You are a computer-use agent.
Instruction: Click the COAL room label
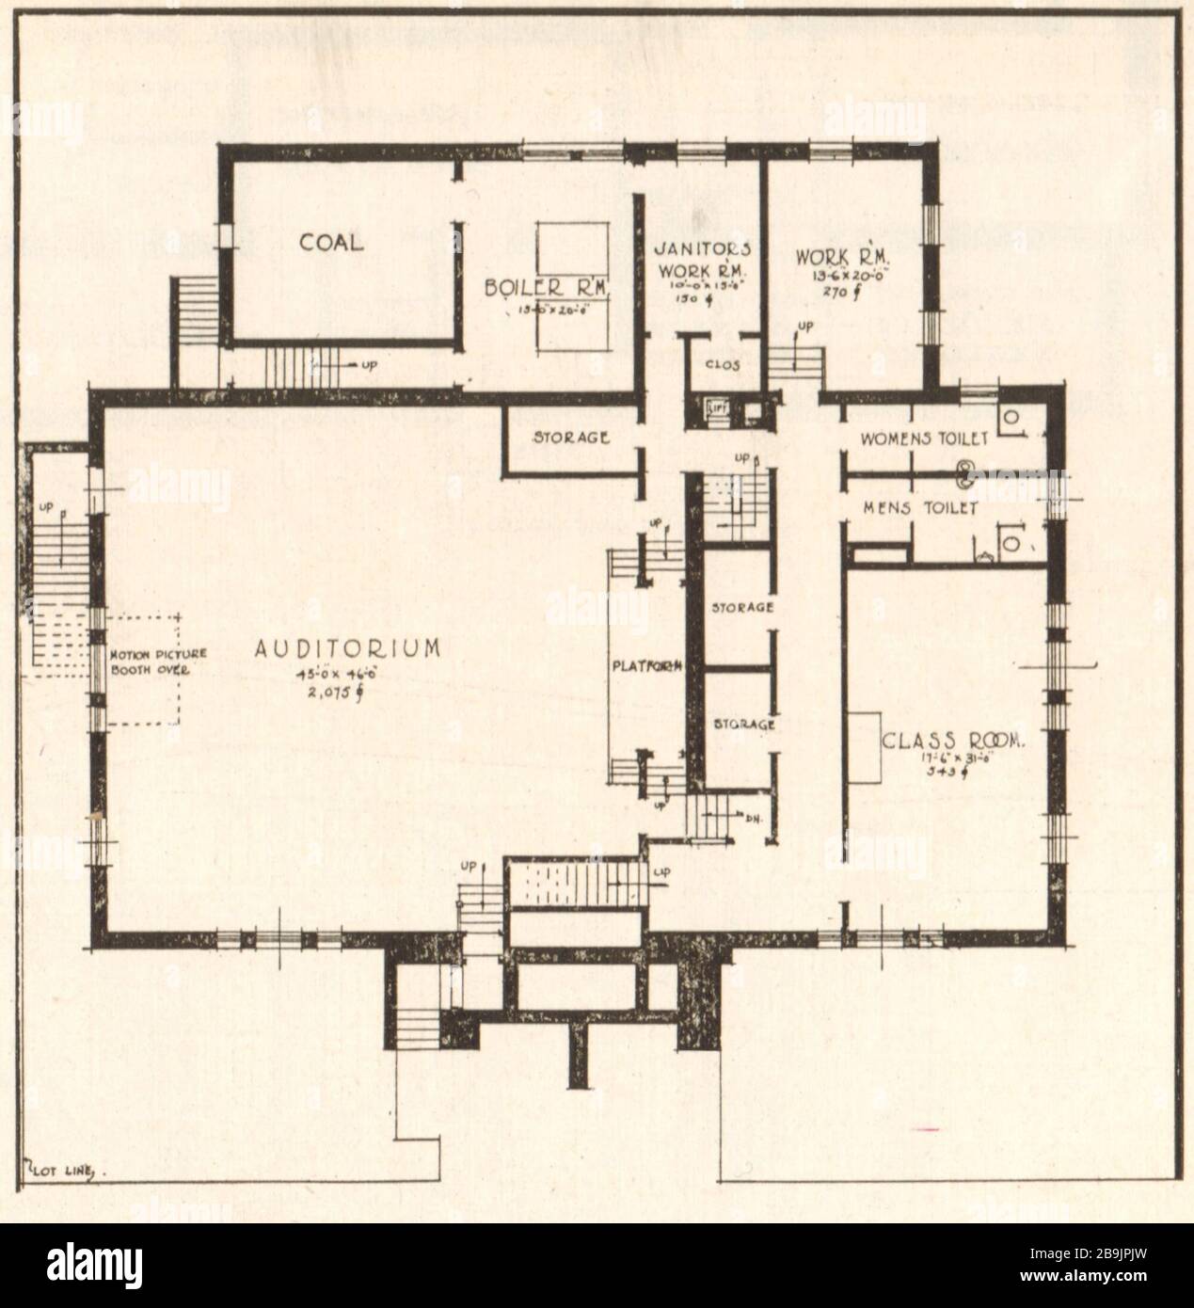click(331, 243)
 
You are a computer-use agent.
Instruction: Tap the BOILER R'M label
click(549, 287)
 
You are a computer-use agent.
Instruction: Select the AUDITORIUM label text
click(347, 648)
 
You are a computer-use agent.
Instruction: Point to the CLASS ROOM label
click(952, 741)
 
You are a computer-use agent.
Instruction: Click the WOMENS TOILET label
click(925, 439)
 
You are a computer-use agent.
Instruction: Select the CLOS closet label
click(720, 365)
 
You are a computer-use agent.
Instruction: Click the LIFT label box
click(718, 409)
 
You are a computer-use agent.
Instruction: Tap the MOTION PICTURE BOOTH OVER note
click(151, 663)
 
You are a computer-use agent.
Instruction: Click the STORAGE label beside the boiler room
click(571, 438)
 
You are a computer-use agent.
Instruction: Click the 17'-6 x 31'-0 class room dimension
click(952, 758)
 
